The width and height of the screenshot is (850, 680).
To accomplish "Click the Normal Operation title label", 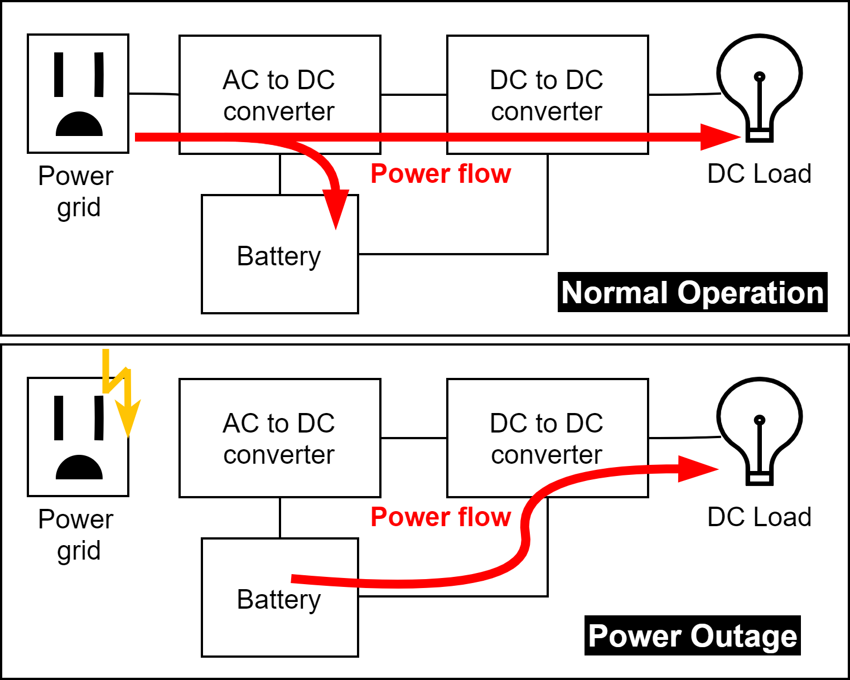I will click(x=692, y=293).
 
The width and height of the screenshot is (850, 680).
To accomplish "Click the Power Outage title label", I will click(x=692, y=636).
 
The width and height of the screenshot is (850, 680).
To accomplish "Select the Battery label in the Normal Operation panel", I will click(x=279, y=256).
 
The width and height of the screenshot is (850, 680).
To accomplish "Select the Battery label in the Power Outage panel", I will click(x=279, y=600).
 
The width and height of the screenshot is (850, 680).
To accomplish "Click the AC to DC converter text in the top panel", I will click(x=279, y=95).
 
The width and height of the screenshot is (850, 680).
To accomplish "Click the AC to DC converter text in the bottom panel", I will click(x=279, y=439).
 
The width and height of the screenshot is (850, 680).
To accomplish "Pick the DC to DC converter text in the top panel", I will click(x=547, y=95).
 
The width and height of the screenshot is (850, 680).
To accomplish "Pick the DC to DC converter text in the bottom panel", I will click(x=547, y=439).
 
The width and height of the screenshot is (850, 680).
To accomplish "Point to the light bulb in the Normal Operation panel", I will click(x=759, y=84).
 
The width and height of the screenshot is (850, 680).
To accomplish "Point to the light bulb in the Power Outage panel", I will click(x=759, y=427).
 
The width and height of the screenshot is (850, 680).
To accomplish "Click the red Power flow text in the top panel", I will click(x=441, y=174).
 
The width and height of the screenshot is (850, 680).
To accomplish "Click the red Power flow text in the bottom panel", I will click(x=441, y=517).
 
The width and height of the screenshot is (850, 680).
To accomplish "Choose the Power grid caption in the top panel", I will click(x=76, y=191).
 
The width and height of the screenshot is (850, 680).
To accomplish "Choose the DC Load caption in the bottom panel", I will click(x=759, y=517).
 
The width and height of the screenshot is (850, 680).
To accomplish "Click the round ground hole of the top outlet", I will click(x=79, y=125).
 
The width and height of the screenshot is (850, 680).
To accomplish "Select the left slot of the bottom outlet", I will click(x=59, y=417).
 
